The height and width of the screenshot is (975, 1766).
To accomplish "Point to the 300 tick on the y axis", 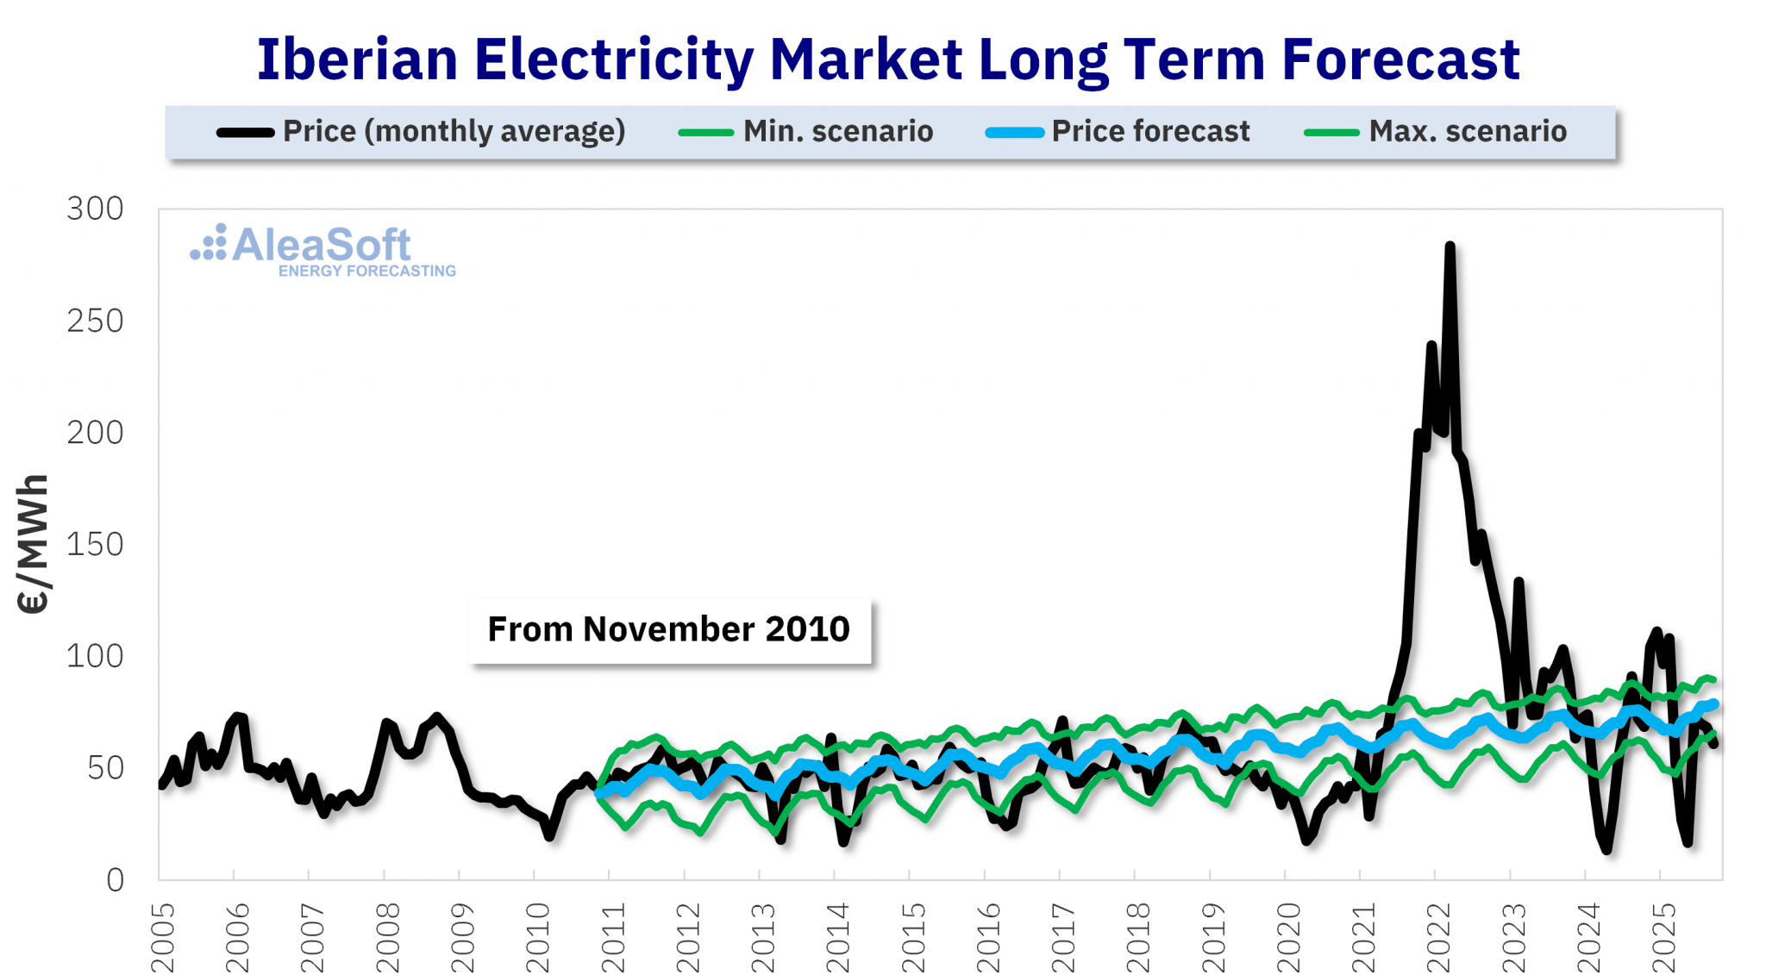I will point(96,209).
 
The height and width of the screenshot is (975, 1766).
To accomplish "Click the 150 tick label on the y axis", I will point(96,545).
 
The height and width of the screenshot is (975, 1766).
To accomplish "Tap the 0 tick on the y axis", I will point(115,880).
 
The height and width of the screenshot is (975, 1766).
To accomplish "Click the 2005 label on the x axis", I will point(162,938).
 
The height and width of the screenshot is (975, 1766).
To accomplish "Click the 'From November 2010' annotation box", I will point(669,629).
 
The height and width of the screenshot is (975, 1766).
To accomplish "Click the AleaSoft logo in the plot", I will point(302,246).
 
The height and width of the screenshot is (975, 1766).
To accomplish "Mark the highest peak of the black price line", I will point(1450,247).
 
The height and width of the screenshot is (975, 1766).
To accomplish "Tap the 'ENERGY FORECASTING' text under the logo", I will point(367,271).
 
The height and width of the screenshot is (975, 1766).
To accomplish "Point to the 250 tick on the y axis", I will point(96,322).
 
